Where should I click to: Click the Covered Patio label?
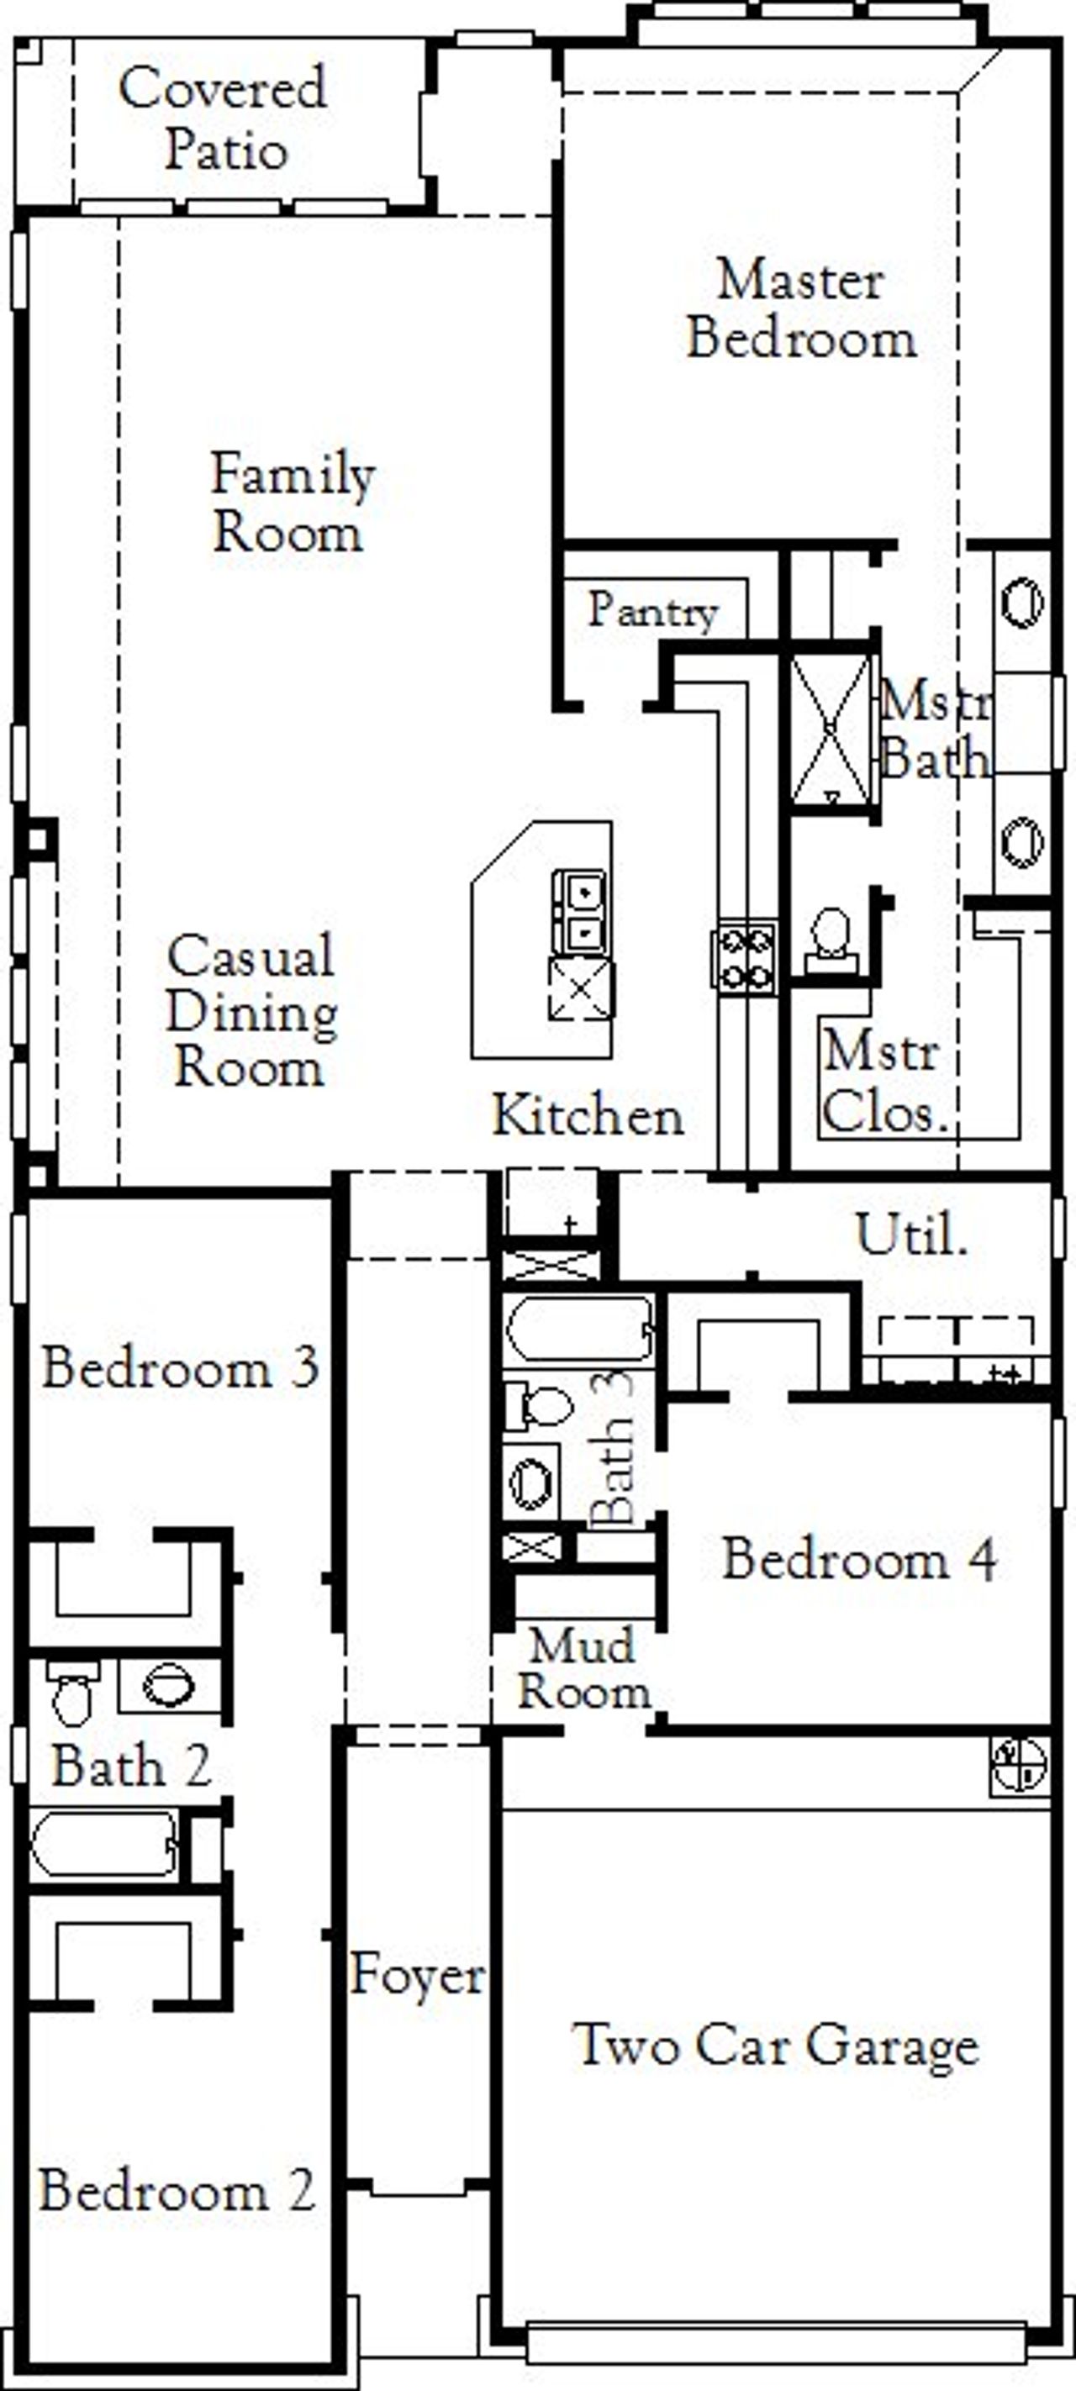[223, 118]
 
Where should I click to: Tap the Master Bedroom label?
[800, 308]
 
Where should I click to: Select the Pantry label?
[652, 610]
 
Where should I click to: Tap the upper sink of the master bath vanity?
[1021, 602]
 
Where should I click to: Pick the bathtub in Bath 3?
[579, 1330]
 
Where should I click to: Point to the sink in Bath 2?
[168, 1685]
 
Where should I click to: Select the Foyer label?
[417, 1974]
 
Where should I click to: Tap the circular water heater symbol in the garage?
[1019, 1762]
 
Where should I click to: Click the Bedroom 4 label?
[859, 1558]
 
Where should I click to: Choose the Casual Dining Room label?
[251, 1010]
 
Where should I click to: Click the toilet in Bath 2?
[72, 1691]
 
